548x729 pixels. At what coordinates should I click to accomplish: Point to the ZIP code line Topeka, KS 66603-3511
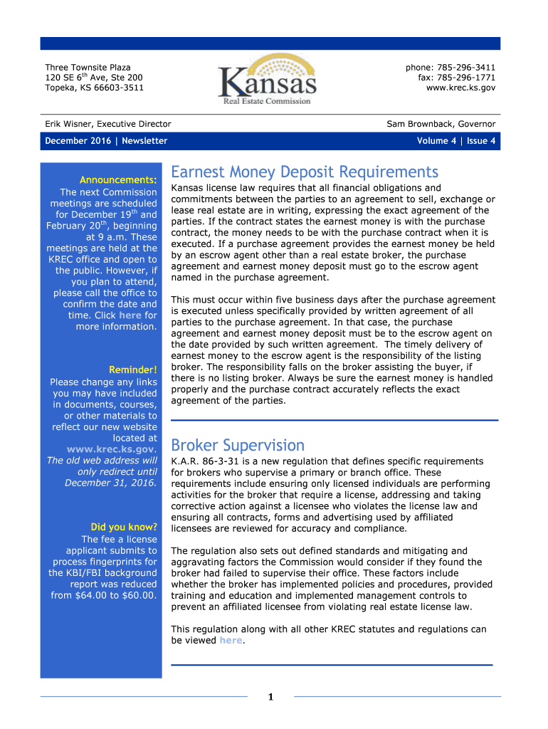coord(94,88)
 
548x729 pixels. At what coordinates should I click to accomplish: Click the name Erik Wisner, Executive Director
coord(108,124)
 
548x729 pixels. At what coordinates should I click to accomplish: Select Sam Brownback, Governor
coord(441,124)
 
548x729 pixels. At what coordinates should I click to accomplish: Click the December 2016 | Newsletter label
coord(106,141)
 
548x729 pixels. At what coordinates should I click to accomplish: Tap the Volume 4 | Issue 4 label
coord(456,141)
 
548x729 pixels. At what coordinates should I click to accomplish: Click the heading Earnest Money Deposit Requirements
coord(305,172)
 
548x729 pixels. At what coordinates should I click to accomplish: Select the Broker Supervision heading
coord(238,446)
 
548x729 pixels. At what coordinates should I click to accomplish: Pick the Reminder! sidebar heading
coord(132,370)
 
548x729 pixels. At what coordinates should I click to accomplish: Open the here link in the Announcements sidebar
coord(130,315)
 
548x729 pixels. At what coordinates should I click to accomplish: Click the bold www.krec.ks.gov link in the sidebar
coord(111,450)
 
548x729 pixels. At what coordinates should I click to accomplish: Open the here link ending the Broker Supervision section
coord(231,641)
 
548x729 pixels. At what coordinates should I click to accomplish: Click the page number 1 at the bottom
coord(271,697)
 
